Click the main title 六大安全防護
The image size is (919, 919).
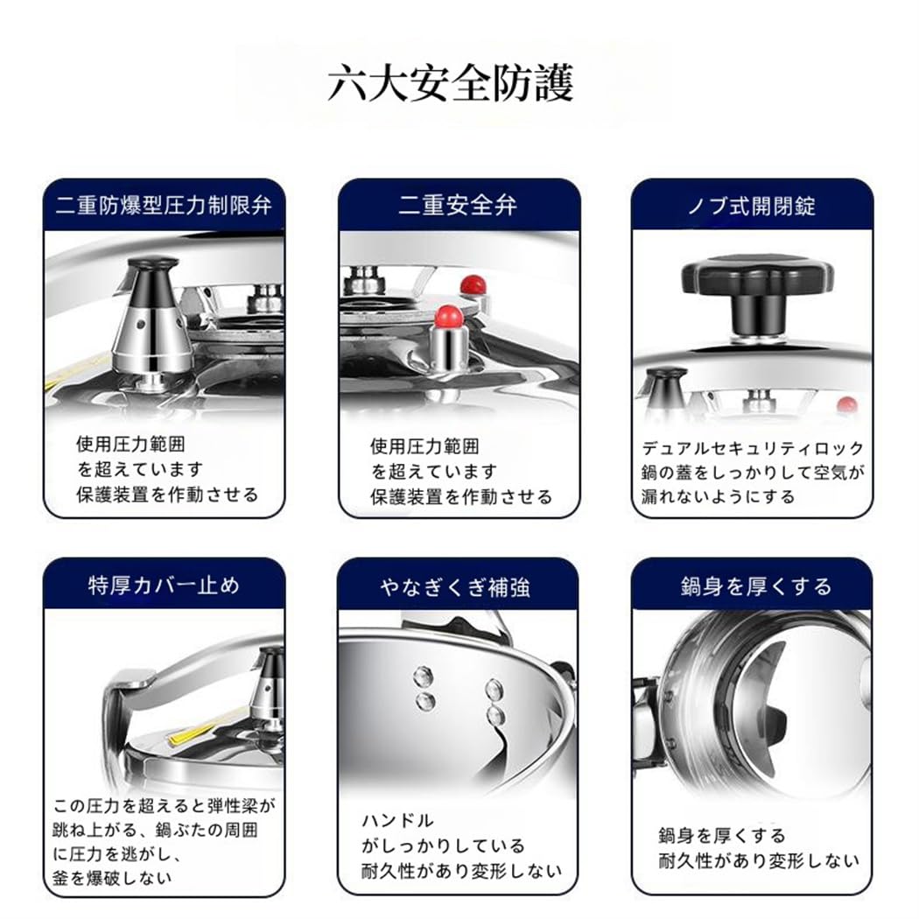[450, 83]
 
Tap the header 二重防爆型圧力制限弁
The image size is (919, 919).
[165, 206]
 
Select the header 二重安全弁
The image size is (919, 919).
[458, 206]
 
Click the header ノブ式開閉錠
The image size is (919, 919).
[752, 207]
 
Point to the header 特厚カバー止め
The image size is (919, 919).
[165, 586]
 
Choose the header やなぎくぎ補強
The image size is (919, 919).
[455, 586]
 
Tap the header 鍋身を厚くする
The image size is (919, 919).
[756, 586]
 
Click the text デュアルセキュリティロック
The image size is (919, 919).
[753, 448]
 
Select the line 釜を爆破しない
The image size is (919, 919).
[112, 877]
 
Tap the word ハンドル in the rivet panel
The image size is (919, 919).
[397, 821]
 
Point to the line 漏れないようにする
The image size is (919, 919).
[718, 496]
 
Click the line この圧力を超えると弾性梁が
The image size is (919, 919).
[165, 806]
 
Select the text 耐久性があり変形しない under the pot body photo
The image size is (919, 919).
[759, 860]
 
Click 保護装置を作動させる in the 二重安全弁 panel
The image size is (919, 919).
[461, 497]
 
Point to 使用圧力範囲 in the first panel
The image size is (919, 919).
[130, 445]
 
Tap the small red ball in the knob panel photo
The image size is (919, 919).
[846, 404]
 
